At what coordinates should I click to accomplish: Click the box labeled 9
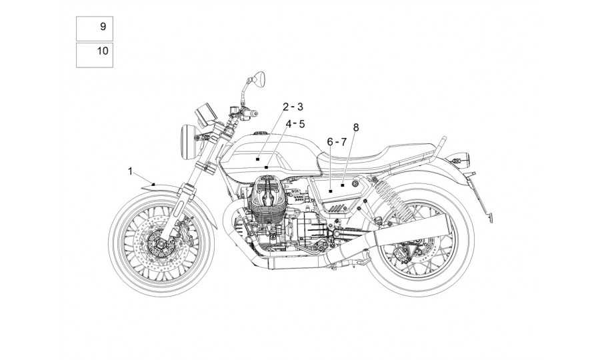[95, 29]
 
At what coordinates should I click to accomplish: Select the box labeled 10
[95, 55]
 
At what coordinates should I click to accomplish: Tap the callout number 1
[130, 171]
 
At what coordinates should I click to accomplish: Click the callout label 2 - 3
[293, 107]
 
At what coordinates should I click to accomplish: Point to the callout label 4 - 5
[295, 124]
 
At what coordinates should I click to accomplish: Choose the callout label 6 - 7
[337, 142]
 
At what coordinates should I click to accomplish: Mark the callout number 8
[356, 127]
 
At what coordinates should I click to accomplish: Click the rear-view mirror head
[259, 77]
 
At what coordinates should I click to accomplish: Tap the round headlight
[188, 142]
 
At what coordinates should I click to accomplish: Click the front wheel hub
[159, 243]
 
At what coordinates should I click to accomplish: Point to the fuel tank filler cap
[260, 133]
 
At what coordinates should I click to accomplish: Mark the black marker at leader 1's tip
[153, 184]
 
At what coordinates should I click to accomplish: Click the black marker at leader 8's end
[343, 185]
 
